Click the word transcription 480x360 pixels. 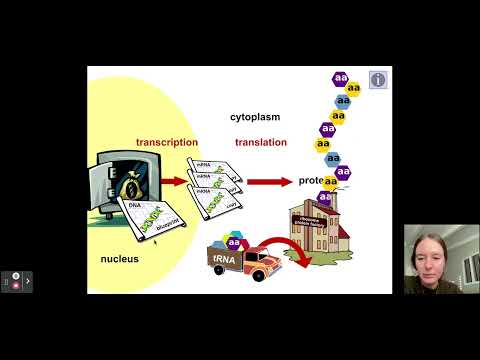pyautogui.click(x=167, y=142)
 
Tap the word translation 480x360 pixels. pyautogui.click(x=261, y=142)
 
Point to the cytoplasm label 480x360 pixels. pyautogui.click(x=255, y=117)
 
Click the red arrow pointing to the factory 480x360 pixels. pyautogui.click(x=270, y=182)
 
